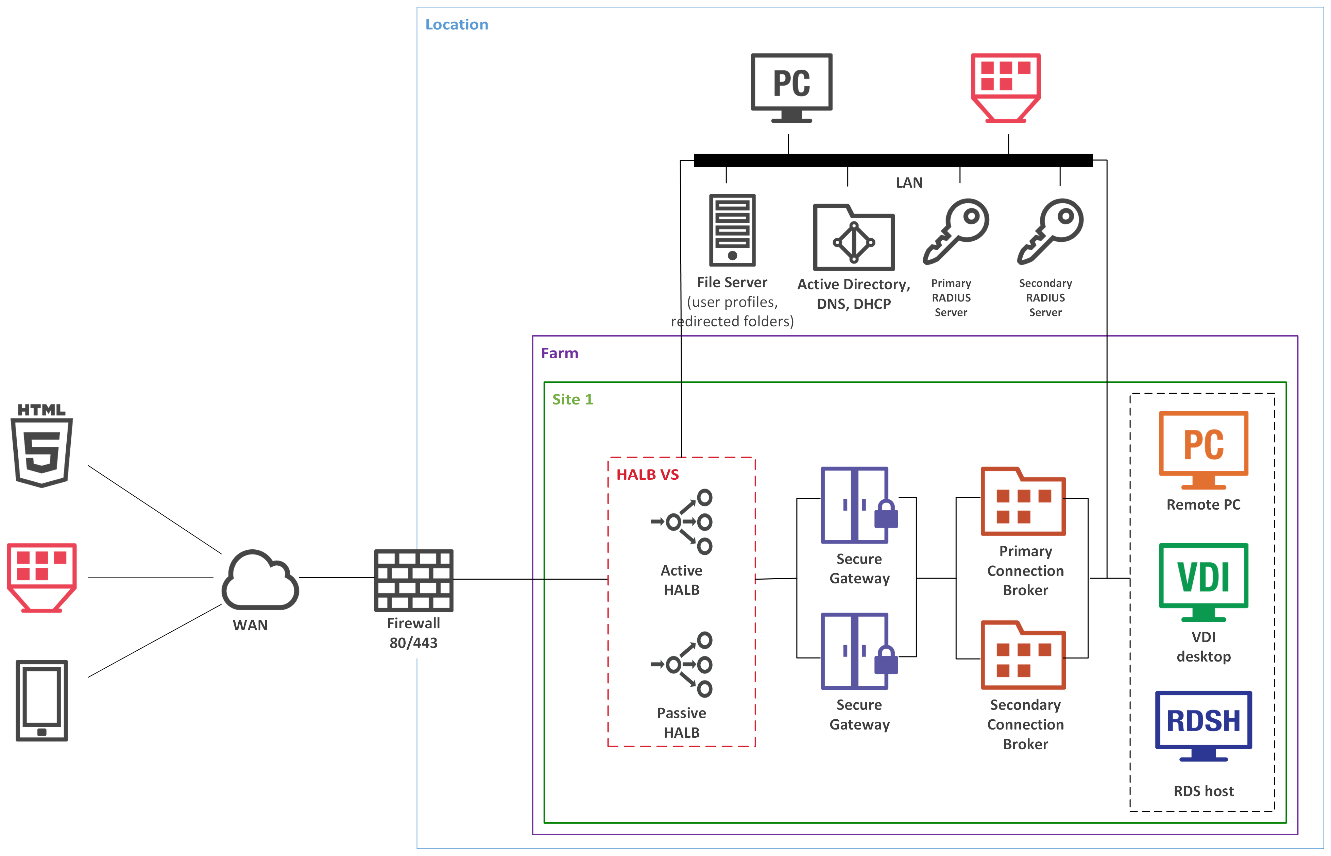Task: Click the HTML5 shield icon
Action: (42, 446)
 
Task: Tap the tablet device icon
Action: (42, 700)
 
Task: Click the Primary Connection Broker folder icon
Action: (1023, 502)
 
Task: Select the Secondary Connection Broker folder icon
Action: (1023, 655)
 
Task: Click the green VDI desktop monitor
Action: (1203, 581)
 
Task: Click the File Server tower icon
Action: (732, 230)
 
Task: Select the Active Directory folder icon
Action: (854, 238)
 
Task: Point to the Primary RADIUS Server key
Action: (956, 231)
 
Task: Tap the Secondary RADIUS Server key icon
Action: (1050, 231)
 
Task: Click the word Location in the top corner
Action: (456, 24)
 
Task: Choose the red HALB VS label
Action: (647, 475)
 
